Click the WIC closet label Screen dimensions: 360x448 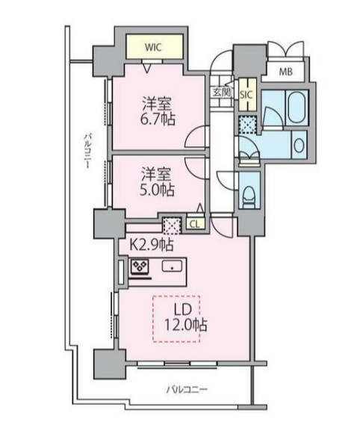coord(153,47)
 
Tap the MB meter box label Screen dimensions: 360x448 coord(285,72)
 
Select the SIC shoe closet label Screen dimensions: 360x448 coord(246,95)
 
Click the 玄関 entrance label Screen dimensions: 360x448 coord(221,92)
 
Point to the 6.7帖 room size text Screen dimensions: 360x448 coord(157,119)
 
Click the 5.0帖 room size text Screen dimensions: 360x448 coord(157,190)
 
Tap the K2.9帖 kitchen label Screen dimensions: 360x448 coord(152,245)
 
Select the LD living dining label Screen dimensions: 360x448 coord(182,309)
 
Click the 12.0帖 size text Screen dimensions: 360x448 coord(186,324)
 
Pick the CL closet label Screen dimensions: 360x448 coord(195,224)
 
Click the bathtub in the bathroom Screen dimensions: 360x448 coord(297,108)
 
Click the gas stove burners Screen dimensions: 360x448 coord(140,267)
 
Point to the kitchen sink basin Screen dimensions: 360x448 coord(173,267)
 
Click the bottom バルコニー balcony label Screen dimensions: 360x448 coord(187,389)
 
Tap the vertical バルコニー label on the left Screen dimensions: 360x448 coord(87,150)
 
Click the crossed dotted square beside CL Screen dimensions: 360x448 coord(172,225)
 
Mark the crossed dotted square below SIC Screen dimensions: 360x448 coord(247,125)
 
